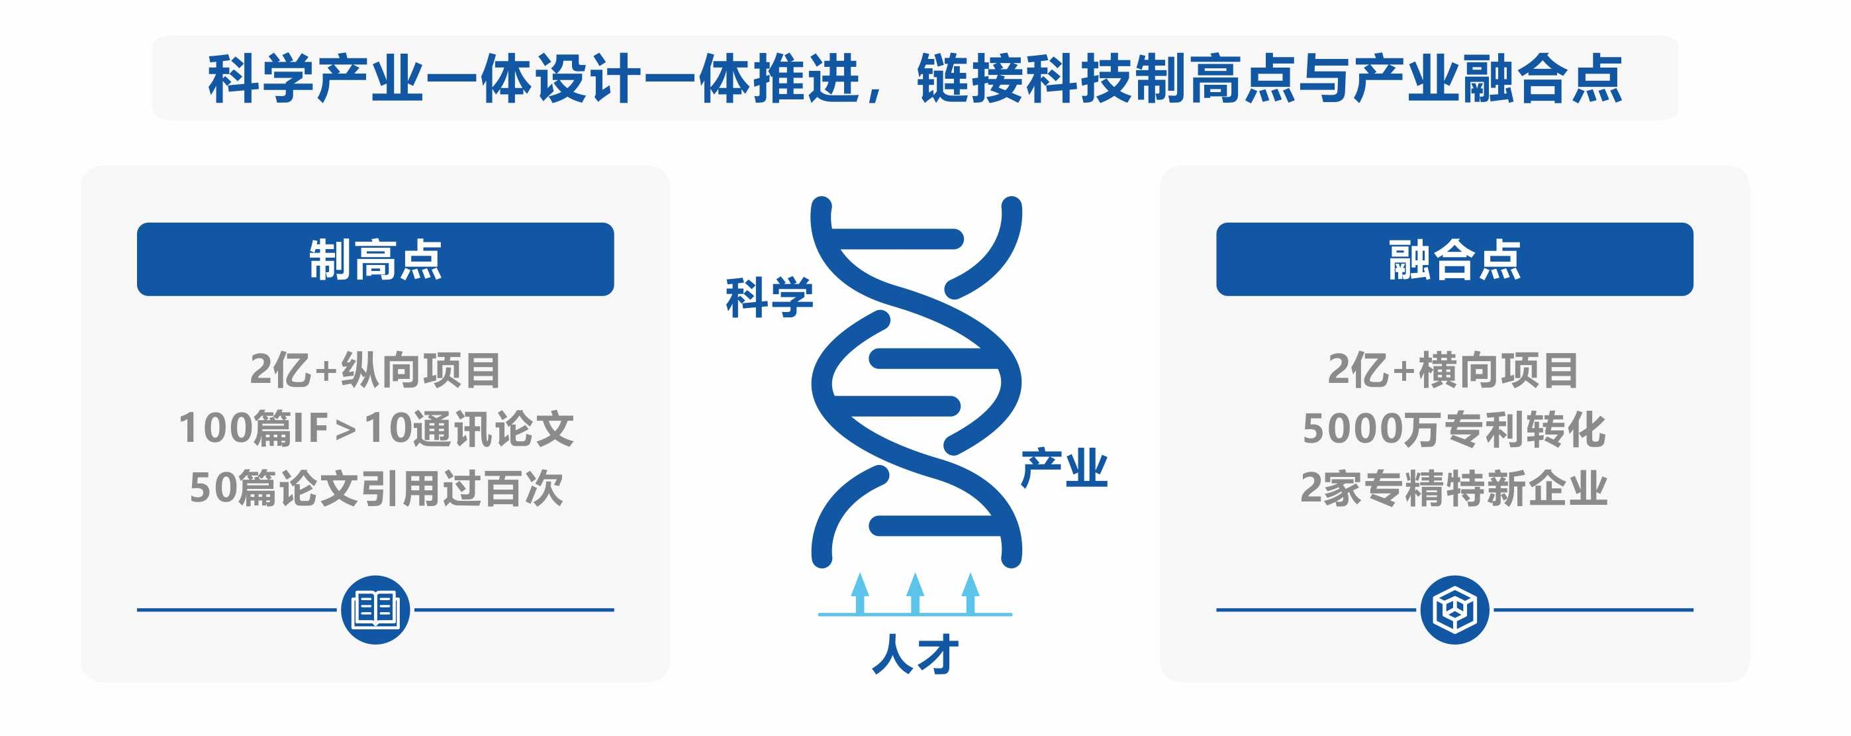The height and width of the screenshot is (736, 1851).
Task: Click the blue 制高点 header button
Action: (375, 259)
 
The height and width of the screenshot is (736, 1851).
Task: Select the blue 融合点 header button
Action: (1454, 259)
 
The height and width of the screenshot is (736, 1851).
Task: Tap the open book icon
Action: (376, 609)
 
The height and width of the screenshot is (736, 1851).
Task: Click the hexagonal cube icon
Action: (1455, 609)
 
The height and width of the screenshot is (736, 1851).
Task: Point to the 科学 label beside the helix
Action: (769, 297)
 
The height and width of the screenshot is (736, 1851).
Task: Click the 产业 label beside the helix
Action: (1064, 468)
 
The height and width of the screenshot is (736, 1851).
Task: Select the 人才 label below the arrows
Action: (915, 653)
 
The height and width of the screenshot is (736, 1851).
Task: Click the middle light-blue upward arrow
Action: (915, 593)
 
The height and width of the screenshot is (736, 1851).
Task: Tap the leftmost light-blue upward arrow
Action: (859, 593)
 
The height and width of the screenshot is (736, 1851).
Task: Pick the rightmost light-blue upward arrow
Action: (971, 593)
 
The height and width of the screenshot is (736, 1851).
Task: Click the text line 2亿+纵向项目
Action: (375, 370)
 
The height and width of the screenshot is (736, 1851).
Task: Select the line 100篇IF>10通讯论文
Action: (376, 429)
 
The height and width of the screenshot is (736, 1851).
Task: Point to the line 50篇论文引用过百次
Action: (376, 488)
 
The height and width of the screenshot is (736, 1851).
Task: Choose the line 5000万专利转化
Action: (1454, 429)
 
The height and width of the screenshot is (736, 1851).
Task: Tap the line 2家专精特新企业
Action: (1454, 488)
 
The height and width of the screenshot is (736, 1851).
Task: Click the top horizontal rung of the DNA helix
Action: (898, 238)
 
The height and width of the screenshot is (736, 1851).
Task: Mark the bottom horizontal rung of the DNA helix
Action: (934, 525)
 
